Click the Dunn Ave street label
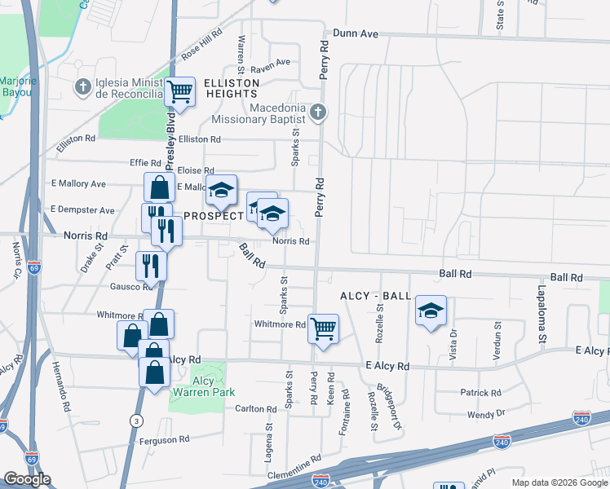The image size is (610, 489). point(355,34)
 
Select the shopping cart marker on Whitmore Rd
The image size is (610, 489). point(324,329)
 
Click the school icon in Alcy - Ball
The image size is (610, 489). point(431,311)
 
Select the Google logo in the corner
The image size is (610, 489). point(27,479)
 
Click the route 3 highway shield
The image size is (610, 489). point(134,419)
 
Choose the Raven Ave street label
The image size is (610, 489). point(271,63)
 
